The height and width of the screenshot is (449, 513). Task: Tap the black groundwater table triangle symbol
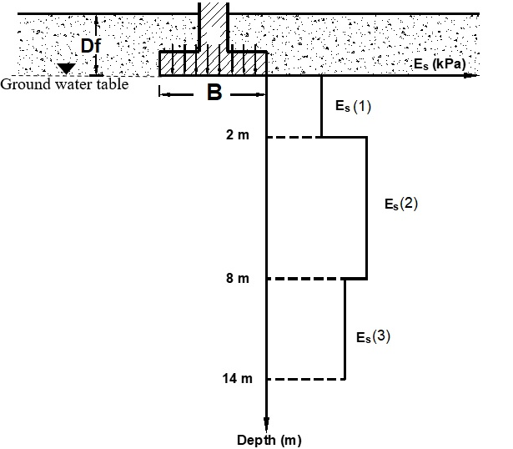[x=67, y=68]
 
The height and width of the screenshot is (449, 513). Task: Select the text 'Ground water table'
[x=64, y=83]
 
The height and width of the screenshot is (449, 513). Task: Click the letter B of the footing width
[x=214, y=93]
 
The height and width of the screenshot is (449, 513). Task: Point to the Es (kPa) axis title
[x=438, y=64]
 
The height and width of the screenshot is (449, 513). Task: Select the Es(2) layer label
[x=400, y=204]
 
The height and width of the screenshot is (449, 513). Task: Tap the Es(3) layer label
[x=373, y=337]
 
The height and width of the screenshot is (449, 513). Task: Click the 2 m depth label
[x=237, y=136]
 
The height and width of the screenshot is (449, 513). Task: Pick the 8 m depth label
[x=237, y=278]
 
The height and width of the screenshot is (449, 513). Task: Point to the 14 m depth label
[x=237, y=379]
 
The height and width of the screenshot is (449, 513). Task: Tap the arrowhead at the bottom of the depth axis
[x=267, y=424]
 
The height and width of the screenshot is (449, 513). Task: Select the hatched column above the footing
[x=214, y=25]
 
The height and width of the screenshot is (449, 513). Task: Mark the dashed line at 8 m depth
[x=305, y=278]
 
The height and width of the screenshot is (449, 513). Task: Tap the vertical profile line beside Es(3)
[x=345, y=329]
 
